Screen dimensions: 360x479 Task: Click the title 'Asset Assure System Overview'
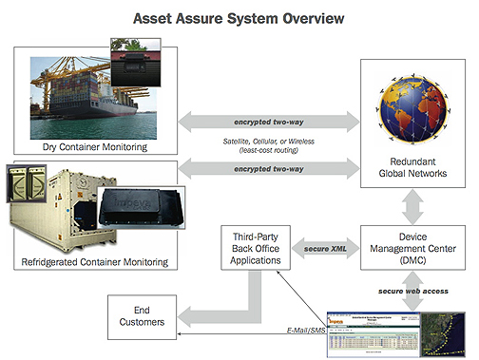[239, 17]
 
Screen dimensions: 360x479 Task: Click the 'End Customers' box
[143, 317]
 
